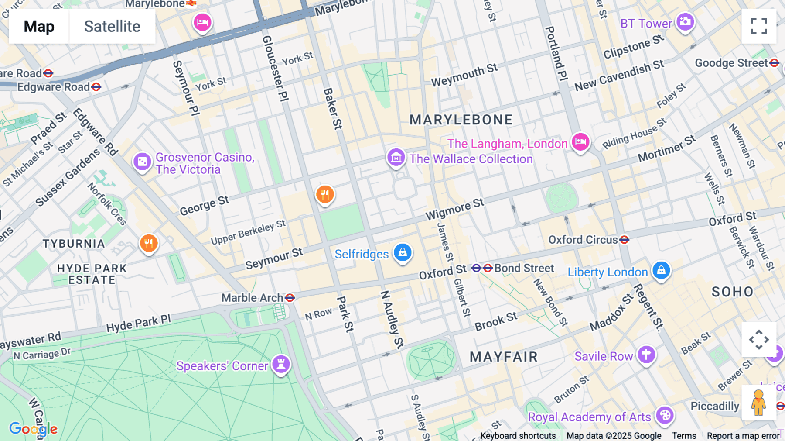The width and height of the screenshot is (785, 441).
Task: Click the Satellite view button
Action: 112,27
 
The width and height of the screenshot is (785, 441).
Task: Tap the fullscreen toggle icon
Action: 759,26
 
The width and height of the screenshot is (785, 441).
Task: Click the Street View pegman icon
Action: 758,403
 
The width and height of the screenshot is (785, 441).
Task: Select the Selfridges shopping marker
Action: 403,253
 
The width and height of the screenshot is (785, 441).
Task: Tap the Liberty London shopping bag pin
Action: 661,270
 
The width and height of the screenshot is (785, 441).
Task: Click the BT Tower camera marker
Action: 685,22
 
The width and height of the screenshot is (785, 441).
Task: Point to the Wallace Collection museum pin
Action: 396,158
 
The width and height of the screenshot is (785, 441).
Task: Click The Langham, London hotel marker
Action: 580,142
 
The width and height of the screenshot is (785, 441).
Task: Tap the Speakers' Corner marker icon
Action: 281,364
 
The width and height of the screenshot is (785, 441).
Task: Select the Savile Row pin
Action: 646,355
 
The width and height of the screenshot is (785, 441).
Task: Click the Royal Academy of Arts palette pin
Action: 665,415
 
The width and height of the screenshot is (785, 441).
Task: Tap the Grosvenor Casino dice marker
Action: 142,162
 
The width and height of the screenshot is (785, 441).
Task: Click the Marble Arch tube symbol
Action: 290,298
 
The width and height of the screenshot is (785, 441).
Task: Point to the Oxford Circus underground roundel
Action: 624,240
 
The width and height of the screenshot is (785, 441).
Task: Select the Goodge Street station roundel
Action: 774,63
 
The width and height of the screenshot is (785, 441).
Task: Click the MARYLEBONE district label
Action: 461,120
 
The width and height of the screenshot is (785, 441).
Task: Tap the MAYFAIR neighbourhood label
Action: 504,357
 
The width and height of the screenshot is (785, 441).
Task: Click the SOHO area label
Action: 732,292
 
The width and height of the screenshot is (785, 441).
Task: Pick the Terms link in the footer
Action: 684,435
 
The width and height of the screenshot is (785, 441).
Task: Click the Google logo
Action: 33,429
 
